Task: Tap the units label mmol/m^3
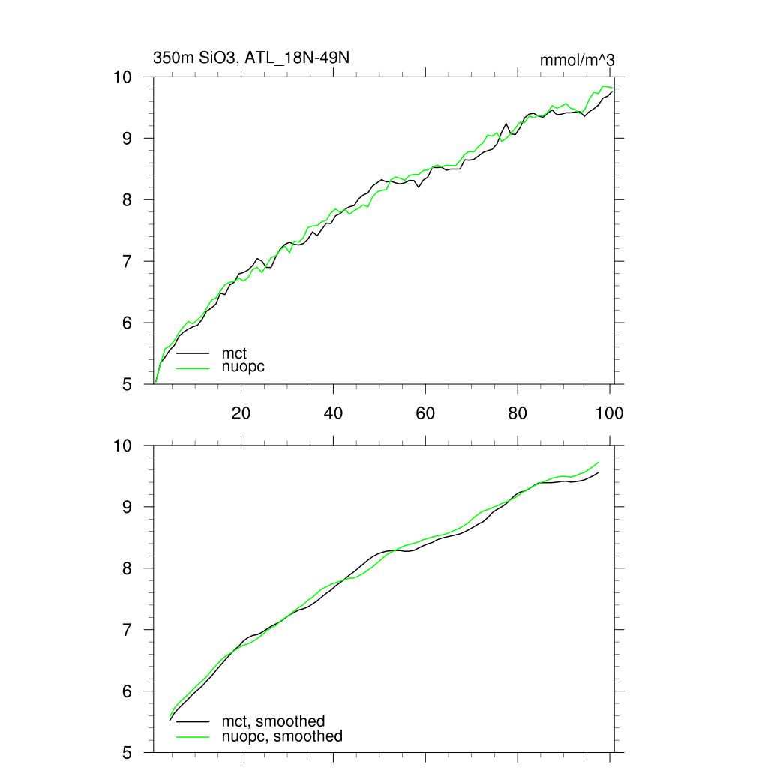click(x=577, y=60)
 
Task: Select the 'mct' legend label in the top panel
click(x=234, y=352)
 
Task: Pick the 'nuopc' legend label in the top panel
click(x=243, y=367)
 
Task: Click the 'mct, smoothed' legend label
click(x=273, y=721)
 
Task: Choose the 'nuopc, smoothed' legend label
click(x=281, y=736)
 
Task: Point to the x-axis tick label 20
click(x=240, y=412)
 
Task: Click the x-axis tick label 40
click(x=333, y=412)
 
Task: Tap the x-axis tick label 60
click(x=425, y=412)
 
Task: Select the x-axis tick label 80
click(x=517, y=412)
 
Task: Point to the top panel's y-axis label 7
click(x=128, y=262)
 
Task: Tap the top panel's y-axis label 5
click(x=128, y=385)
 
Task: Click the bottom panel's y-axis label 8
click(x=128, y=568)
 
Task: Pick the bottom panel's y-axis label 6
click(x=128, y=691)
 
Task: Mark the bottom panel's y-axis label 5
click(x=128, y=753)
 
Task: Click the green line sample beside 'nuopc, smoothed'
click(x=193, y=736)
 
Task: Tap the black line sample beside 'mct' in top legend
click(x=193, y=352)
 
